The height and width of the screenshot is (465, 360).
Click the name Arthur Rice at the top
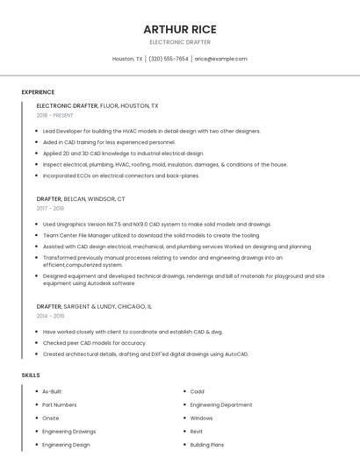pyautogui.click(x=180, y=29)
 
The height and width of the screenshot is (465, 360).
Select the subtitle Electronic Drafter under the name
pyautogui.click(x=180, y=41)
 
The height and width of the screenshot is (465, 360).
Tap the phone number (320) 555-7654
pyautogui.click(x=169, y=59)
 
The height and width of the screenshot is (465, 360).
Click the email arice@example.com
pyautogui.click(x=220, y=59)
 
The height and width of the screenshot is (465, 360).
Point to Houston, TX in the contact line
pyautogui.click(x=127, y=59)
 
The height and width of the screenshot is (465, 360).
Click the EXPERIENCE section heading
pyautogui.click(x=38, y=92)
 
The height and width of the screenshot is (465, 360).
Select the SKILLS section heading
pyautogui.click(x=31, y=375)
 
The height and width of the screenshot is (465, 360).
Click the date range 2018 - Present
pyautogui.click(x=55, y=115)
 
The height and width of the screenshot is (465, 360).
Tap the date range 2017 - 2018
pyautogui.click(x=50, y=209)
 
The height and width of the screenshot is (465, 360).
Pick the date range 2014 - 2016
pyautogui.click(x=50, y=316)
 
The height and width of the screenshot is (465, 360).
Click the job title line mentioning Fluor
pyautogui.click(x=97, y=105)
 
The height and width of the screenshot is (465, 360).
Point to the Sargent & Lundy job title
pyautogui.click(x=94, y=306)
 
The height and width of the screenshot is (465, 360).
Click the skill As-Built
pyautogui.click(x=52, y=391)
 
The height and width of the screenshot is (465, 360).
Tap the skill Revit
pyautogui.click(x=197, y=432)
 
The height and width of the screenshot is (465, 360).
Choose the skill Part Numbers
pyautogui.click(x=60, y=404)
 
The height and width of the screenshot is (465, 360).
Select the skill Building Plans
pyautogui.click(x=207, y=445)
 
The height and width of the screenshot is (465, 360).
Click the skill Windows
pyautogui.click(x=202, y=418)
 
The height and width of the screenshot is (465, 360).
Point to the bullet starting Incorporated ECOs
pyautogui.click(x=121, y=175)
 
